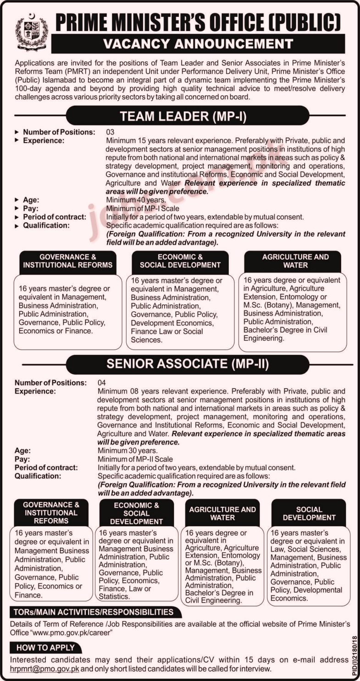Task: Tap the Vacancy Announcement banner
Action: [198, 44]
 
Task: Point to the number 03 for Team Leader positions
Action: [110, 132]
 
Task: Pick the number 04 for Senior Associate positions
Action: [102, 382]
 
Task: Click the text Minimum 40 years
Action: [133, 200]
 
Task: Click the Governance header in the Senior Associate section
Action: [51, 512]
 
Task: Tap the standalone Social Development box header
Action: [309, 513]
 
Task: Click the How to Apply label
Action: [45, 648]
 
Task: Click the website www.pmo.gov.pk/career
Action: [73, 632]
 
